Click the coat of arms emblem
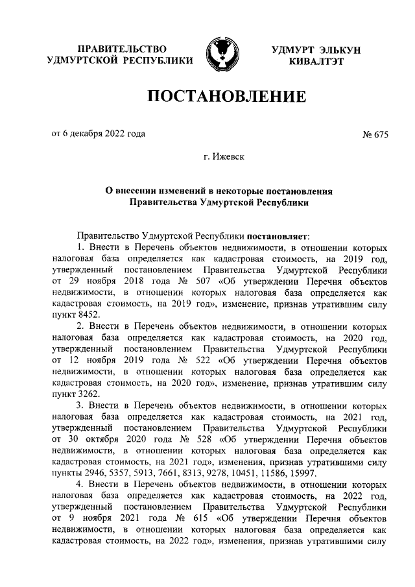pyautogui.click(x=219, y=54)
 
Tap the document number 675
pyautogui.click(x=379, y=134)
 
